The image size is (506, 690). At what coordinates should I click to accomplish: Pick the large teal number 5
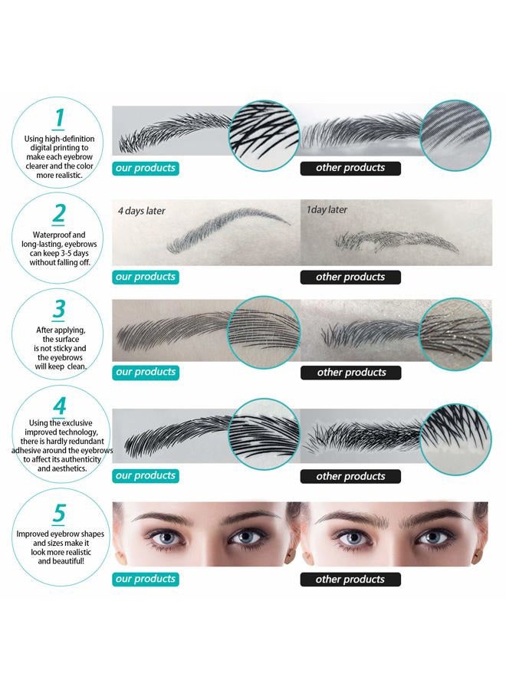tap(59, 513)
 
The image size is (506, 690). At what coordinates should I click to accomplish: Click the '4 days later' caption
tap(141, 211)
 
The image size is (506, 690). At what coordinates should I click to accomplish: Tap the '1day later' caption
tap(327, 210)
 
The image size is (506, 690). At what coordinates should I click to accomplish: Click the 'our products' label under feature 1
tap(146, 168)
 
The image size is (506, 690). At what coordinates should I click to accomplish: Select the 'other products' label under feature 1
tap(350, 168)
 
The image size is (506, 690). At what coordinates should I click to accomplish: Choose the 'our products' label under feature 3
tap(146, 373)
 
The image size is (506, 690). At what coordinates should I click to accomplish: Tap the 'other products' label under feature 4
tap(350, 476)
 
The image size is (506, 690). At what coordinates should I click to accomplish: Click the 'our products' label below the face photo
tap(146, 579)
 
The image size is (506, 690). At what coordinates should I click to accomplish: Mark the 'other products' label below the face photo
tap(350, 580)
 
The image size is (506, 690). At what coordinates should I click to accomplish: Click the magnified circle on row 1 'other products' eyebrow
tap(455, 135)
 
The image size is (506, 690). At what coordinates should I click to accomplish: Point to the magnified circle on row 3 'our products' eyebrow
tap(264, 332)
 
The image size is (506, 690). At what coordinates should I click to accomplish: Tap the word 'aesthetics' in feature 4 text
tap(69, 468)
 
